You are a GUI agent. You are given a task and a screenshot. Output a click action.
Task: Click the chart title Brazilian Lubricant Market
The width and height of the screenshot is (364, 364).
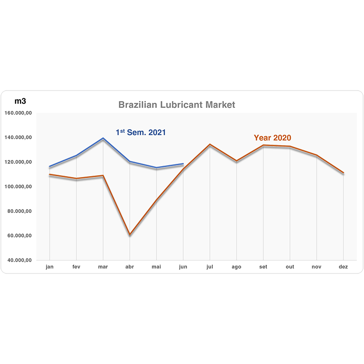tap(177, 105)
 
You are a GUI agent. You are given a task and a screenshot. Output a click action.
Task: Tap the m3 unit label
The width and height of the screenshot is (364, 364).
tap(20, 101)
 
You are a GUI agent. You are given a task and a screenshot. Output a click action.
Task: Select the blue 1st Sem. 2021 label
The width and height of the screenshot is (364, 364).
tap(141, 132)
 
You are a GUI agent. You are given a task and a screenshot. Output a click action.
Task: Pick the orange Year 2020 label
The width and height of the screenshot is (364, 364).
tap(272, 138)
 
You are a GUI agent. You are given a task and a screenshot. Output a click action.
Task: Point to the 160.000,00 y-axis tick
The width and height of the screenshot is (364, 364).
tap(18, 113)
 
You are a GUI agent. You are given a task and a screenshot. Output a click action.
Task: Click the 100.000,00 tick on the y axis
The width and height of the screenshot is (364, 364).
tap(18, 187)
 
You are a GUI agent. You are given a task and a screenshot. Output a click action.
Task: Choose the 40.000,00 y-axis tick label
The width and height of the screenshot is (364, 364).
tap(20, 260)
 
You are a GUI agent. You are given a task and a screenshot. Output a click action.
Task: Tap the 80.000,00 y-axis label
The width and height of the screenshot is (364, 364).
tap(20, 211)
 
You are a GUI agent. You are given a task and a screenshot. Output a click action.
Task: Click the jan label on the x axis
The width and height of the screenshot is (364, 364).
tap(50, 267)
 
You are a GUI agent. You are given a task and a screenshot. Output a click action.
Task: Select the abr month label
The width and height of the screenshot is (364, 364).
tap(130, 267)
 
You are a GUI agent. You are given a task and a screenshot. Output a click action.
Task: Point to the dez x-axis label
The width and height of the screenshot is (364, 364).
tap(343, 267)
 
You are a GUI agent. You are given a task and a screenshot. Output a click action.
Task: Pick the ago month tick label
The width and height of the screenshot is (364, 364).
tap(236, 267)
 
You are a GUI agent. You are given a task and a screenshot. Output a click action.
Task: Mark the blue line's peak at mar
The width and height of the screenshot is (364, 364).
tap(103, 138)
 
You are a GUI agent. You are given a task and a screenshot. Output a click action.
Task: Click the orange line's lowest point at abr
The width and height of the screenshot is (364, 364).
tap(130, 234)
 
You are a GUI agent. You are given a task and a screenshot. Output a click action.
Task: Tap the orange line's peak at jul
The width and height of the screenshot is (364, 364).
tap(210, 144)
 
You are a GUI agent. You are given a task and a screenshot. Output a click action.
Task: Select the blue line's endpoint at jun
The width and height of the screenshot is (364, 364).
tap(183, 164)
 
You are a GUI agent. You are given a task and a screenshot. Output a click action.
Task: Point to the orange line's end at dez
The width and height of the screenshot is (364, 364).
tap(344, 173)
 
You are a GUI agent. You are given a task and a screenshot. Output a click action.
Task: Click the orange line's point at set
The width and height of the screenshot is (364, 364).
tap(263, 145)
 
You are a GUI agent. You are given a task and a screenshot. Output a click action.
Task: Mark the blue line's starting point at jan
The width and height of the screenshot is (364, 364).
tap(50, 167)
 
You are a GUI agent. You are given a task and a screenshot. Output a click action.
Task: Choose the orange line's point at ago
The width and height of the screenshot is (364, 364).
tap(237, 161)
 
